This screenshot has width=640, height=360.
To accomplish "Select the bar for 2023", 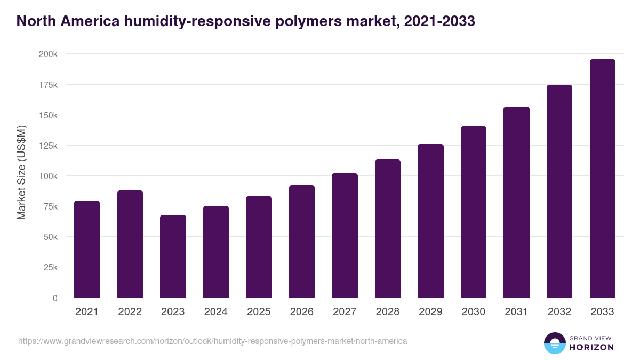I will coord(173,257).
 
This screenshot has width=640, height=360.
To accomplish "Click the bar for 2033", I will coord(602,179).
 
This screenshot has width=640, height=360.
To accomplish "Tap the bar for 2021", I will coord(87,249).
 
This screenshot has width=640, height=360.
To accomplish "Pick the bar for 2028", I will coord(388,229).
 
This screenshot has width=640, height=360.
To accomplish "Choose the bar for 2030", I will coord(474,212).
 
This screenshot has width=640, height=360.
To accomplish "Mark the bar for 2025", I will coord(259,247).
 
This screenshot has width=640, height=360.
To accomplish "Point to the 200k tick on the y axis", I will coord(49,54).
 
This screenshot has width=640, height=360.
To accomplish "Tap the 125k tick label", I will coord(49,146).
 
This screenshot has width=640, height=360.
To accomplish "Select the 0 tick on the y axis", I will coord(55,298).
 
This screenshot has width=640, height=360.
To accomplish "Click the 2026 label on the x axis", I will coord(302,312).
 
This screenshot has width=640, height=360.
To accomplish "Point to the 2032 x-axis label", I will coord(559,312).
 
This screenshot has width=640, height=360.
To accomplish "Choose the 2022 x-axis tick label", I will coord(130,312).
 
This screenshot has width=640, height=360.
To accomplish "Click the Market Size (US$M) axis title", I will coord(21,172).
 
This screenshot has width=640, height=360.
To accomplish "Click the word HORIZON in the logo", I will coord(591,347).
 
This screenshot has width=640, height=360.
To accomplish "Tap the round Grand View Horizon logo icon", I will coord(555,343).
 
